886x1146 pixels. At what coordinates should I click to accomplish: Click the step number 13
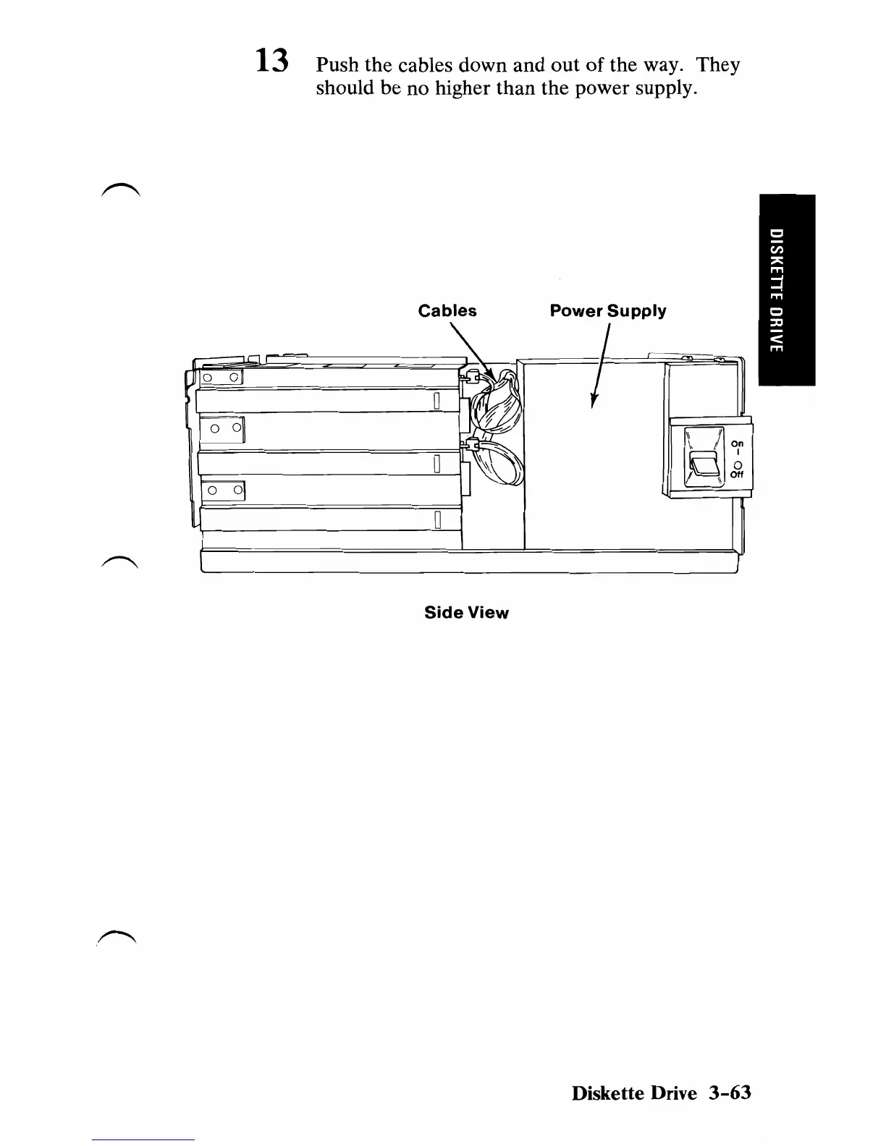click(273, 61)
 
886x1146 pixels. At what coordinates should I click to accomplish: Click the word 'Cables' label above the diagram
click(447, 311)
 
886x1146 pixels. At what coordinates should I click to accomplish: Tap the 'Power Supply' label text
click(608, 311)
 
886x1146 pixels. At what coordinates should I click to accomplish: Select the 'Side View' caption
click(466, 613)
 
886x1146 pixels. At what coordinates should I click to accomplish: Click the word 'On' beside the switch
click(737, 443)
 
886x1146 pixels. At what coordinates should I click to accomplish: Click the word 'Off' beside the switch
click(737, 475)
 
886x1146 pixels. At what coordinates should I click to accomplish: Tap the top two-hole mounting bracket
click(221, 378)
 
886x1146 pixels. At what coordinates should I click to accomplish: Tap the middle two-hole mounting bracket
click(222, 430)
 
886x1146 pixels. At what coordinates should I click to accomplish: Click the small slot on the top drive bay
click(437, 402)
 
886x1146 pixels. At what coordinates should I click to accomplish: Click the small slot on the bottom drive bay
click(437, 519)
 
